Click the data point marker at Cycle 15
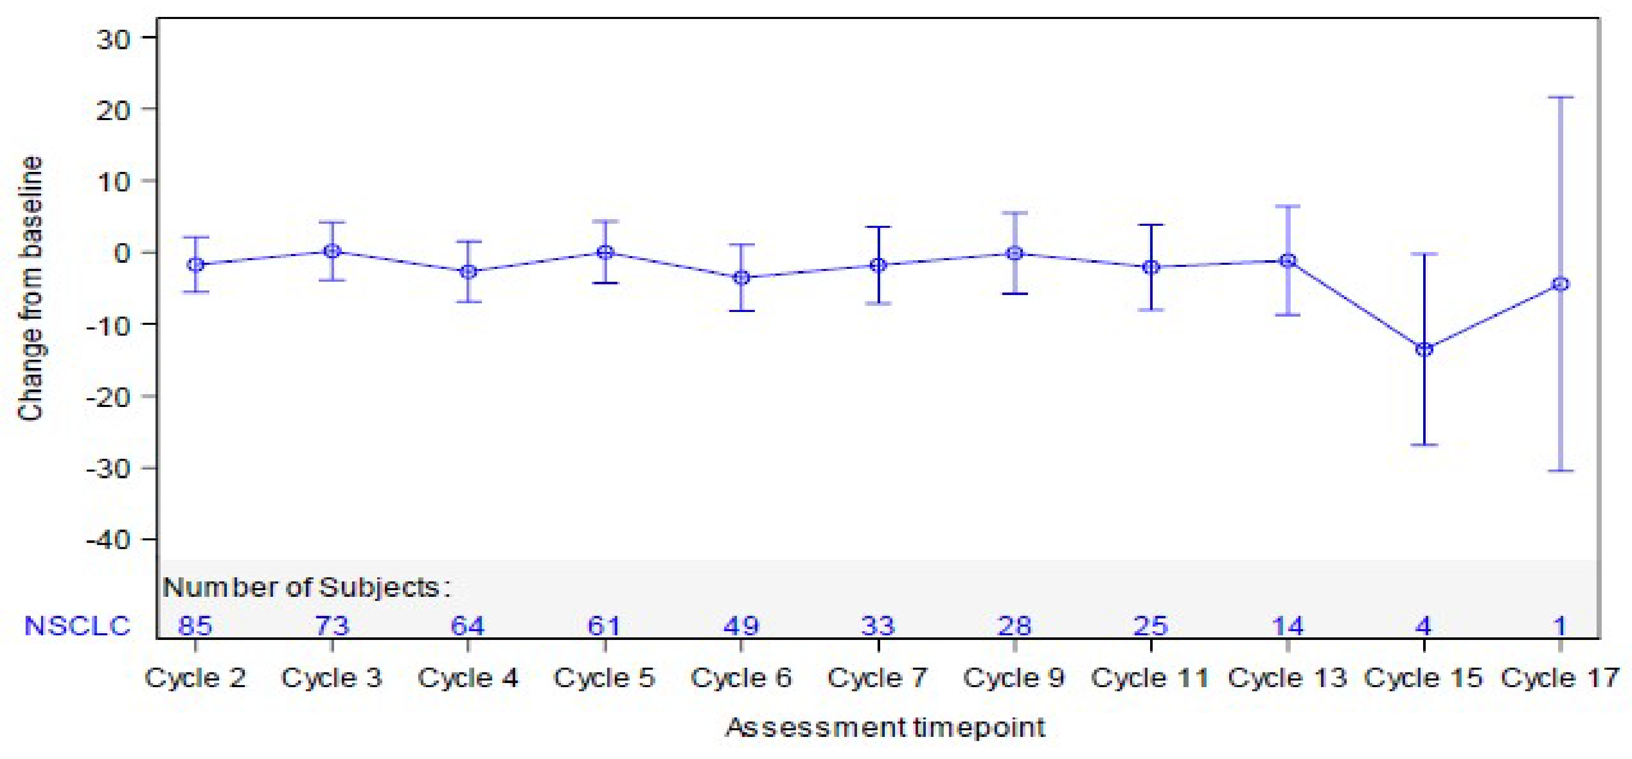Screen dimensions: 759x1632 pos(1424,349)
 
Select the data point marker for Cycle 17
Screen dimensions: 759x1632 pos(1561,284)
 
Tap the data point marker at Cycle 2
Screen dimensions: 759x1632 pos(196,264)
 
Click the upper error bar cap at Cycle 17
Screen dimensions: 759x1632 pos(1561,98)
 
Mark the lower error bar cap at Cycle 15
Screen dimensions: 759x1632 pos(1424,445)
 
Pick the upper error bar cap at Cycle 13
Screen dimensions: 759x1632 pos(1287,206)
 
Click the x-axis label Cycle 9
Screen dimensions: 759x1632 pos(1014,678)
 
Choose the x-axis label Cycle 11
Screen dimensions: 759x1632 pos(1150,678)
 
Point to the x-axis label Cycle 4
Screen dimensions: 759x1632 pos(468,678)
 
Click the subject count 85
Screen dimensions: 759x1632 pos(195,626)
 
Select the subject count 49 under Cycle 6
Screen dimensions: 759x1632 pos(741,626)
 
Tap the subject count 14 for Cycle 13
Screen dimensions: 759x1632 pos(1287,626)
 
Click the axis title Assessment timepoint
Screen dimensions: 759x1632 pos(885,727)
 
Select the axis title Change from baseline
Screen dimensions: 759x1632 pos(30,288)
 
